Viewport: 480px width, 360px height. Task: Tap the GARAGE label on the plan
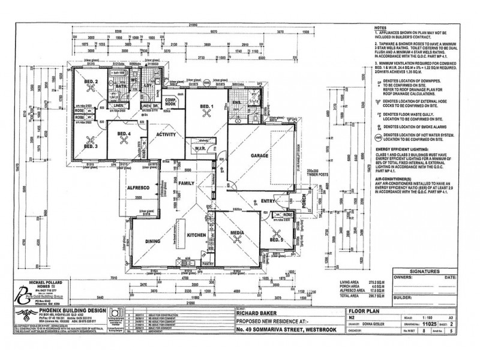pos(260,155)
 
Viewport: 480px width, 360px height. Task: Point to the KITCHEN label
pos(196,236)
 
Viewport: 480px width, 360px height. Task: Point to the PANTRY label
pos(209,262)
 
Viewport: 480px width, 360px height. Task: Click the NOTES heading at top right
pos(381,28)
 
